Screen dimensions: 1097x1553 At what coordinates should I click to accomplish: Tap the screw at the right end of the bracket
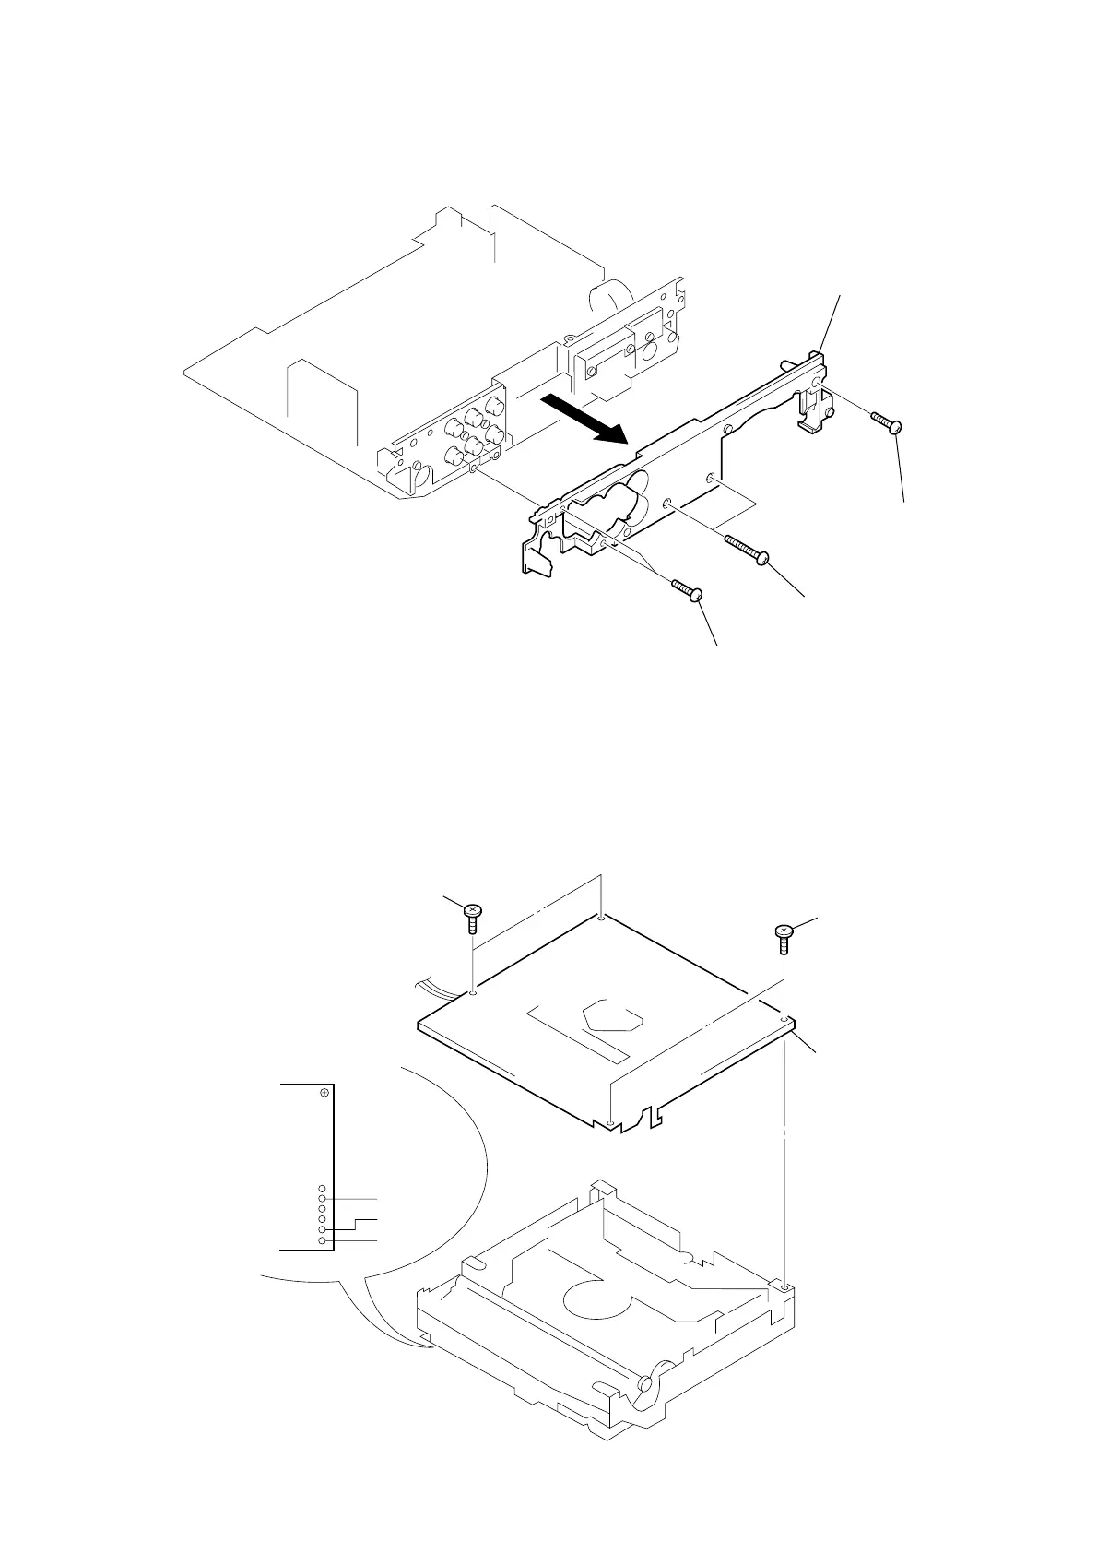(x=886, y=421)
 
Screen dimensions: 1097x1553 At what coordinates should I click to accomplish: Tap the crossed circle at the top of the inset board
(x=324, y=1093)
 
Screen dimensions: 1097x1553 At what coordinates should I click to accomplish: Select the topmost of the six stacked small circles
(x=322, y=1188)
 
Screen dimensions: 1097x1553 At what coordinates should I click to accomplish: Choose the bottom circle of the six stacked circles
(x=322, y=1241)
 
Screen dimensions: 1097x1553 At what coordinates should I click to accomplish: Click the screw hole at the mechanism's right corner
(x=782, y=1286)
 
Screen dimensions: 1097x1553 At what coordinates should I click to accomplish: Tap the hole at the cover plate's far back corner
(x=601, y=918)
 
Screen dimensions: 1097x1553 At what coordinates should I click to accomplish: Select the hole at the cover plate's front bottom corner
(x=612, y=1124)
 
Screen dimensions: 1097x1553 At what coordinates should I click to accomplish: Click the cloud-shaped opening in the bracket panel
(x=609, y=505)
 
